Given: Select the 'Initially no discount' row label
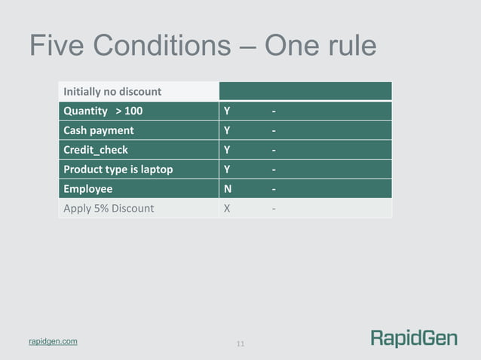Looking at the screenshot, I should point(112,91).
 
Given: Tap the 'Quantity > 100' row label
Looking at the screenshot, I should point(103,111).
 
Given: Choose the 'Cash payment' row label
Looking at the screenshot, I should point(98,130).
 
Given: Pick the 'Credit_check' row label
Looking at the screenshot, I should point(96,149).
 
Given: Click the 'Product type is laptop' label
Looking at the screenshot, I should point(118,169).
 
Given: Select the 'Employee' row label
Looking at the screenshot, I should point(87,188).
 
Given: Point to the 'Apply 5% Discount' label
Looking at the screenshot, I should point(109,207).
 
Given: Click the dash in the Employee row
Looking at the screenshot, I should point(274,188).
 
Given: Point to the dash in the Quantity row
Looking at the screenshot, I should point(274,111).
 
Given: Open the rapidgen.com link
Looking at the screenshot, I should point(52,342).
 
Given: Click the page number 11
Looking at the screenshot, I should point(240,344).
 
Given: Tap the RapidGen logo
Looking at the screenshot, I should point(413,338).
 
